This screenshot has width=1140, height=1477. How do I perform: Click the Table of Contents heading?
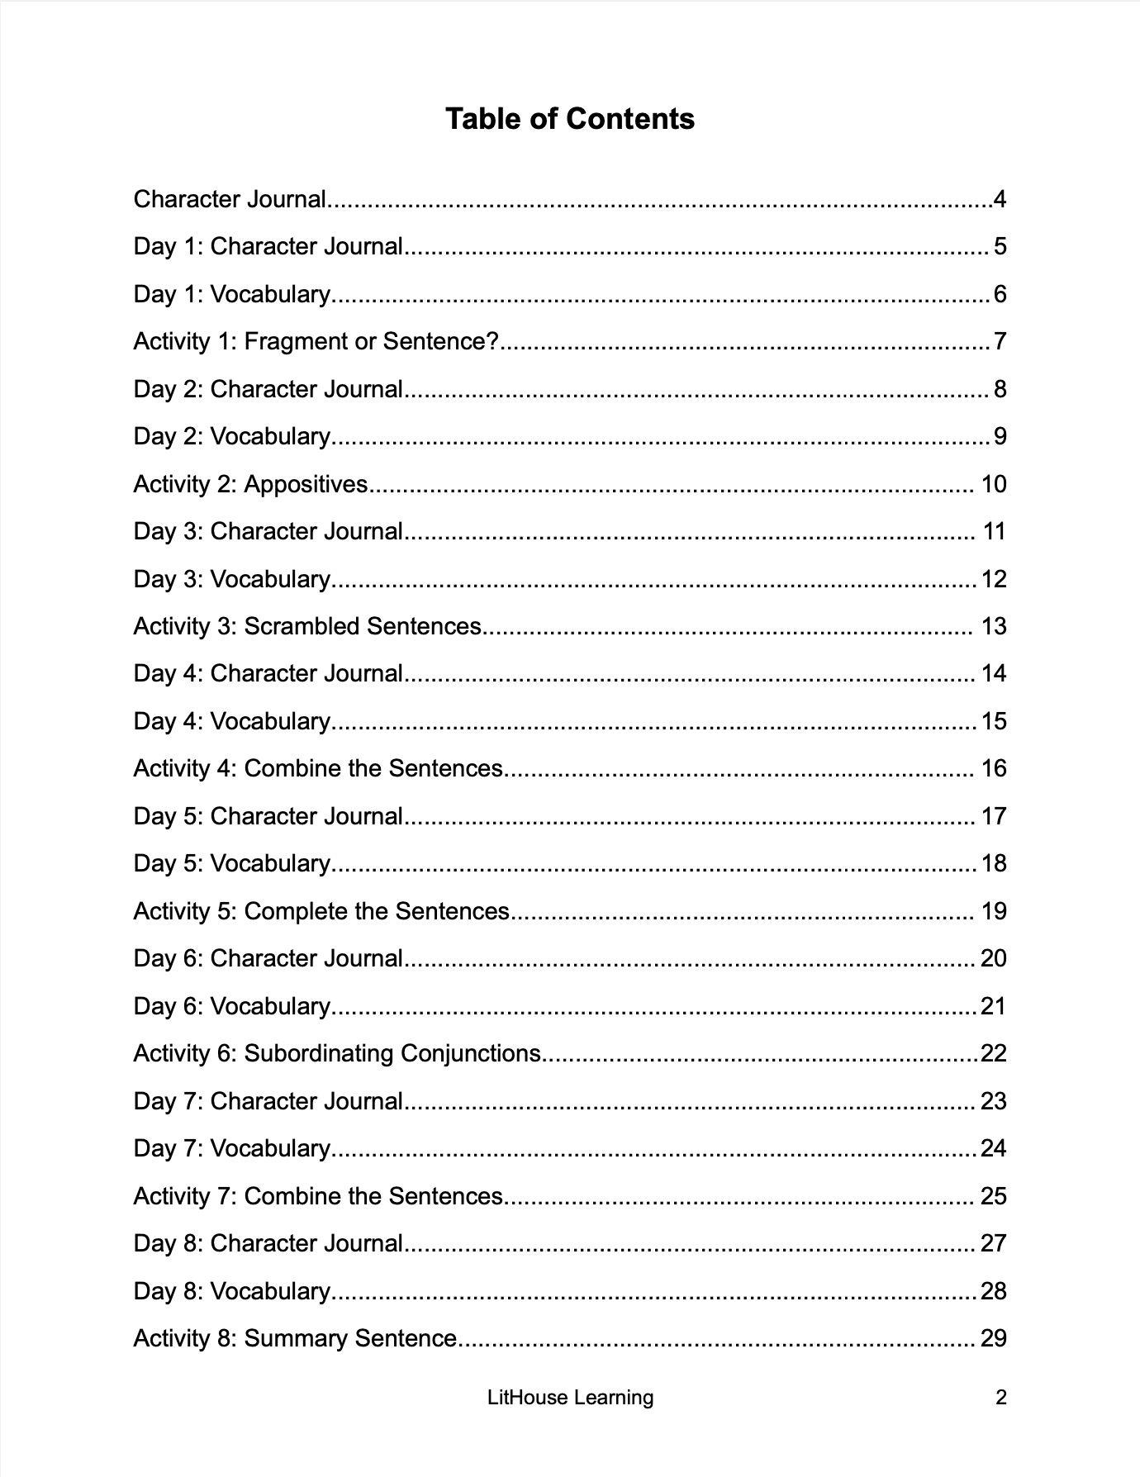pyautogui.click(x=570, y=119)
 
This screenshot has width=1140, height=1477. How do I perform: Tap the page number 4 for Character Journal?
pyautogui.click(x=1000, y=199)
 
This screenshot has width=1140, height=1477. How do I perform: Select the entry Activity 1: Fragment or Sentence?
pyautogui.click(x=316, y=341)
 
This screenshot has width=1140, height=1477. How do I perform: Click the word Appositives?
pyautogui.click(x=306, y=484)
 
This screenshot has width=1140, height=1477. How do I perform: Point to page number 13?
pyautogui.click(x=994, y=626)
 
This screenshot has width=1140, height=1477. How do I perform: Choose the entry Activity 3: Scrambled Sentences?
pyautogui.click(x=307, y=626)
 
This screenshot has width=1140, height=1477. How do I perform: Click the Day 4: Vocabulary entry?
pyautogui.click(x=231, y=721)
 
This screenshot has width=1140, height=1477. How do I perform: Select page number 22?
pyautogui.click(x=993, y=1053)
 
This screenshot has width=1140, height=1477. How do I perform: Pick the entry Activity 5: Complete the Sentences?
pyautogui.click(x=321, y=911)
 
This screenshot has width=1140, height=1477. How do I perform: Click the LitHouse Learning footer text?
pyautogui.click(x=570, y=1398)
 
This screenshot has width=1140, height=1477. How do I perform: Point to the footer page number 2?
pyautogui.click(x=1001, y=1398)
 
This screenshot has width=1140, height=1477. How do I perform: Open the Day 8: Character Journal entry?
pyautogui.click(x=268, y=1243)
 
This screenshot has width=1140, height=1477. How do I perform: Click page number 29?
pyautogui.click(x=994, y=1338)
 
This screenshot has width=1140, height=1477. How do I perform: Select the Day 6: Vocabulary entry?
pyautogui.click(x=231, y=1006)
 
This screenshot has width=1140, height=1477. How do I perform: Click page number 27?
pyautogui.click(x=994, y=1243)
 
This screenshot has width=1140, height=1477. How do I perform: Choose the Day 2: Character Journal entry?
pyautogui.click(x=268, y=389)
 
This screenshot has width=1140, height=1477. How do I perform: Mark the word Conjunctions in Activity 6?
pyautogui.click(x=471, y=1053)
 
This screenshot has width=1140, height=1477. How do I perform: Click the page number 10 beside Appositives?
pyautogui.click(x=994, y=484)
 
